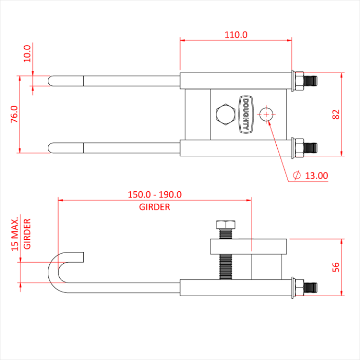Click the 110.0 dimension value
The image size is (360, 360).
click(236, 35)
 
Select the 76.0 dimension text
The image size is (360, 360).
click(14, 114)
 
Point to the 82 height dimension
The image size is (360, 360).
click(336, 114)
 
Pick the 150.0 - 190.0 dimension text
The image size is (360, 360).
click(155, 195)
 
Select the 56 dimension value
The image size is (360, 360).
click(336, 267)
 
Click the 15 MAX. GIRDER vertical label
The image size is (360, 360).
click(21, 233)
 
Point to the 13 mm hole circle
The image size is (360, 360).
click(266, 114)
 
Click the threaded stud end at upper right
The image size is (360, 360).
click(311, 80)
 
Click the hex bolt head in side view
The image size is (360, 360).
click(225, 225)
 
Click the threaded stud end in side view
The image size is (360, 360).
click(311, 286)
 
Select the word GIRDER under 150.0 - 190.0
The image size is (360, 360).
click(154, 207)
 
